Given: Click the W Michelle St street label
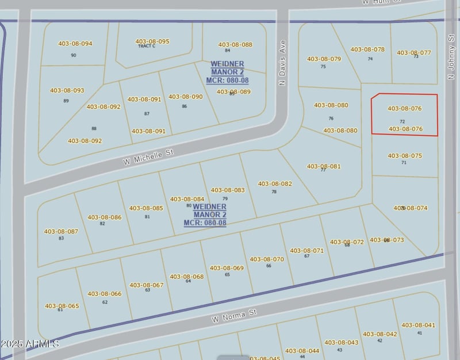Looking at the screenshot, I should [x=148, y=156].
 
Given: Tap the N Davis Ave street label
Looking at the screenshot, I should [x=282, y=62].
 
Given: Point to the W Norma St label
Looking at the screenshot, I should [x=233, y=315].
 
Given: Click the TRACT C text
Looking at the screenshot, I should [x=147, y=46].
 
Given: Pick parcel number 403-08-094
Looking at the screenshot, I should [x=75, y=44].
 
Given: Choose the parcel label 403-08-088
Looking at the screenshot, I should [x=235, y=44].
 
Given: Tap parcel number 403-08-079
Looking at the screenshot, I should [x=324, y=59].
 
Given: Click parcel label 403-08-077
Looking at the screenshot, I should [x=414, y=53].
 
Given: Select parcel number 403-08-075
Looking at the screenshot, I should [x=405, y=155].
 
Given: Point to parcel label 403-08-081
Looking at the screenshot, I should [x=324, y=166].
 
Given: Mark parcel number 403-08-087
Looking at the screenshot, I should [x=61, y=231].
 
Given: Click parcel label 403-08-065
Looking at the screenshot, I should [x=62, y=306].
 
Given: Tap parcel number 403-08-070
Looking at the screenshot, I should [x=267, y=259].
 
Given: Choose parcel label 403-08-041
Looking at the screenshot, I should [x=419, y=325].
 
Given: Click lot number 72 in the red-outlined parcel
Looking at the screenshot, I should [x=402, y=121].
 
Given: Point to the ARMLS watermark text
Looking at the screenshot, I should [x=30, y=344].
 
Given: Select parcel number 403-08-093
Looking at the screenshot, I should [x=67, y=90].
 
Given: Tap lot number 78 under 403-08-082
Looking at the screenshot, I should [x=274, y=192].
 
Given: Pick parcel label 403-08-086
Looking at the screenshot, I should [x=105, y=217].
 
